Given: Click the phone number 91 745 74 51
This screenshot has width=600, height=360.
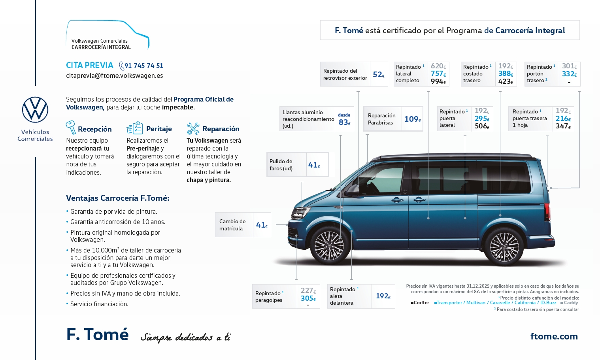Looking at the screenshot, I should tap(143, 66).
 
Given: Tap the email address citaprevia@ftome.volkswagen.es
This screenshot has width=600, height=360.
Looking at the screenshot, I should tap(114, 75).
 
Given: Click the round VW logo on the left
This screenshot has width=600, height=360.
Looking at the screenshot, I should tap(35, 109).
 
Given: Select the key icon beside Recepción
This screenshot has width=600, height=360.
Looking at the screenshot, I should tap(71, 128).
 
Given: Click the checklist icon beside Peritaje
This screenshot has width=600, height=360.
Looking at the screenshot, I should tap(135, 128).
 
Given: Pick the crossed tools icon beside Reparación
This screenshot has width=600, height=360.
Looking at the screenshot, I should tap(193, 128).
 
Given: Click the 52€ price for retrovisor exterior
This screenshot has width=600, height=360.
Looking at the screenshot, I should tap(378, 74).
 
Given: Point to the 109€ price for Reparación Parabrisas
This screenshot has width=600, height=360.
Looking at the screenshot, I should tap(412, 119).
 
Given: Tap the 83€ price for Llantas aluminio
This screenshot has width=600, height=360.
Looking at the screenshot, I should tap(344, 122).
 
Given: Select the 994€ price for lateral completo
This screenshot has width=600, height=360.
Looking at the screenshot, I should tap(438, 81).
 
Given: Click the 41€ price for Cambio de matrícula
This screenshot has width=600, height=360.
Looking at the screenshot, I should tap(262, 225).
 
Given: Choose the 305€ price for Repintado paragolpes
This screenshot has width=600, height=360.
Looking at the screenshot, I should tap(308, 298).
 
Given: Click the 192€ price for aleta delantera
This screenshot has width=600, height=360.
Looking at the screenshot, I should tap(383, 296).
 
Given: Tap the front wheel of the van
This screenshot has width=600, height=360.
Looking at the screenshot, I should tap(329, 245).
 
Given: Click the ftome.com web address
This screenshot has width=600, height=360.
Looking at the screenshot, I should tap(554, 336).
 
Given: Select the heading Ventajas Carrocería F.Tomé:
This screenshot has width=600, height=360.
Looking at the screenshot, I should tap(117, 198).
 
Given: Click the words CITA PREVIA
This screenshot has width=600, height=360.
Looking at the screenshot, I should tap(89, 65).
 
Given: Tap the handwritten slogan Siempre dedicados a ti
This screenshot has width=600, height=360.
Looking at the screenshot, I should tap(186, 337).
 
